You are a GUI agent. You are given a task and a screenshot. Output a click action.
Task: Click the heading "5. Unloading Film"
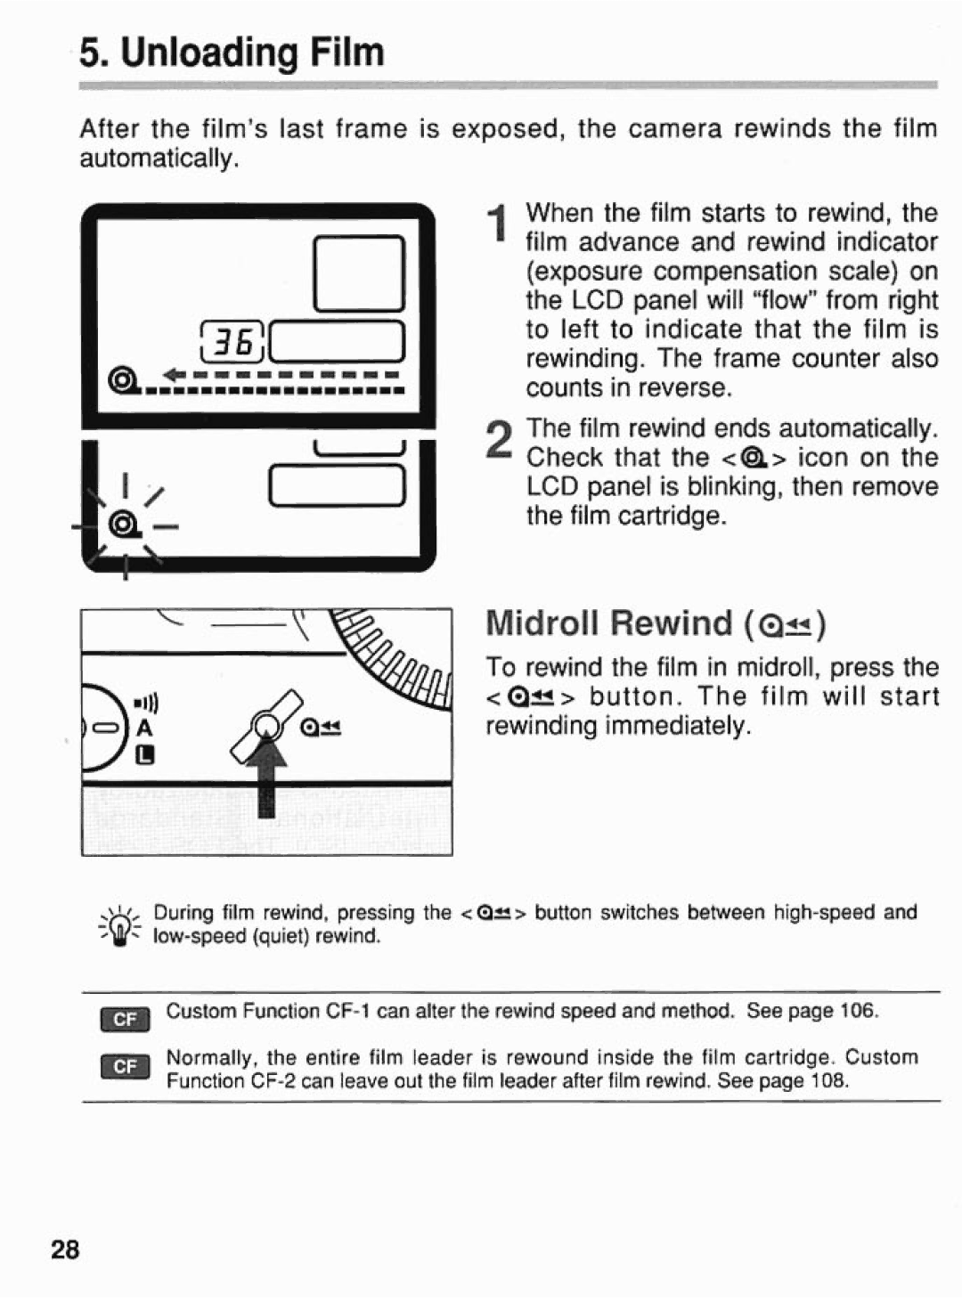click(232, 53)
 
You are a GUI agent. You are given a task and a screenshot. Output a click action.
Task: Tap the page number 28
click(65, 1250)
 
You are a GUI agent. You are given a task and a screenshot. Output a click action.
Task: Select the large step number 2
click(501, 442)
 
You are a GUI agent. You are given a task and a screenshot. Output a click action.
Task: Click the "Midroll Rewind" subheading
click(609, 623)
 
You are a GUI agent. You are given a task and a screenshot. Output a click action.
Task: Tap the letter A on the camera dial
click(144, 728)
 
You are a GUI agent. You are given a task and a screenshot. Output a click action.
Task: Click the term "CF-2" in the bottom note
click(273, 1080)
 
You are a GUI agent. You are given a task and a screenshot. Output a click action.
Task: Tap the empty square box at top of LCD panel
click(359, 273)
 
